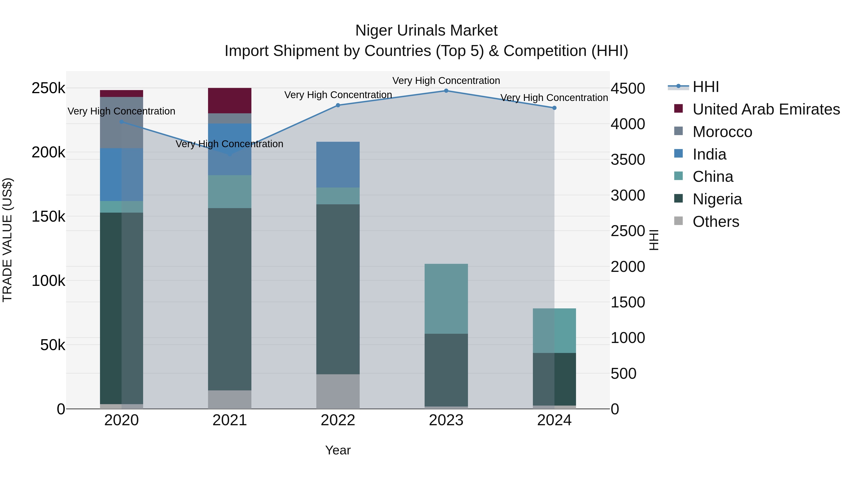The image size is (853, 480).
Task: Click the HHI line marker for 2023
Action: (446, 91)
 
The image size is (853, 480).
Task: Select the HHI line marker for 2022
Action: (338, 105)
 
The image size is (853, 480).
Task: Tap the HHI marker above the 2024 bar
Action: (554, 108)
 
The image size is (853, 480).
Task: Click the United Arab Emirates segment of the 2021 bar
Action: (229, 101)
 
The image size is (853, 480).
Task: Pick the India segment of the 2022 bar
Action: (338, 165)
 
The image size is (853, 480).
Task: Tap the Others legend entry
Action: (715, 222)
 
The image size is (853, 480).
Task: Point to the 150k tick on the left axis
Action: (48, 217)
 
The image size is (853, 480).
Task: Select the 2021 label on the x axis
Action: (229, 420)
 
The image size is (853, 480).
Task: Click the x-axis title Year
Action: (338, 450)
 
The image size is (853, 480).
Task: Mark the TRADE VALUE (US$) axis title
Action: (7, 240)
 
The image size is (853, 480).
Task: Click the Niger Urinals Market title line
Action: (426, 31)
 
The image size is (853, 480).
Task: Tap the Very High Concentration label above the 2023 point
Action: (446, 81)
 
